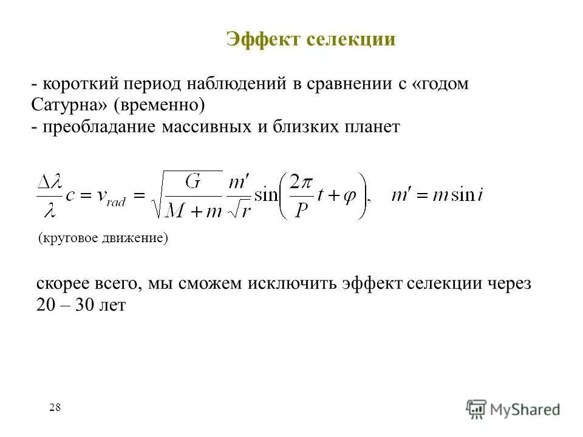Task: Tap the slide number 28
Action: click(55, 407)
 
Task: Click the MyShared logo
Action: click(514, 408)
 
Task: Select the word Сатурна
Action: click(69, 105)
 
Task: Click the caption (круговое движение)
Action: click(103, 238)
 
